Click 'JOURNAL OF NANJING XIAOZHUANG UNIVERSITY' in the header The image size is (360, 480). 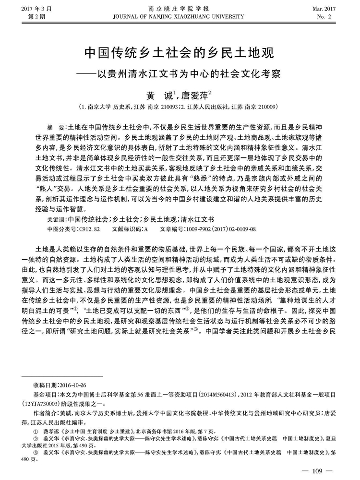click(180, 16)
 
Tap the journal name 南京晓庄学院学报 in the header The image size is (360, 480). click(180, 8)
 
